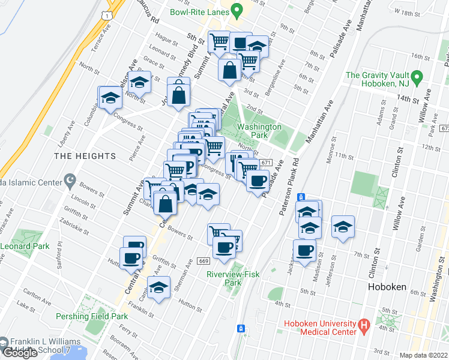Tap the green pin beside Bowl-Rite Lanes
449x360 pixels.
point(237,10)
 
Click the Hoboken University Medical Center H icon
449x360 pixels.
point(363,328)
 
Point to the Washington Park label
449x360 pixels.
point(259,131)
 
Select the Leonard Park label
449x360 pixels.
point(24,246)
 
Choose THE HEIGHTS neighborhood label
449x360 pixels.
point(85,156)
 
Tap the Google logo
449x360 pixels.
point(20,353)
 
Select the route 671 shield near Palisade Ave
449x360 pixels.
point(267,163)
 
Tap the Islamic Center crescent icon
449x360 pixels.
point(70,179)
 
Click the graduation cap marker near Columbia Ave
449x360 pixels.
point(110,97)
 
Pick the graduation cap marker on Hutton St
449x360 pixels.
point(158,287)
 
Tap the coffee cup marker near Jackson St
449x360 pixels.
point(304,250)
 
